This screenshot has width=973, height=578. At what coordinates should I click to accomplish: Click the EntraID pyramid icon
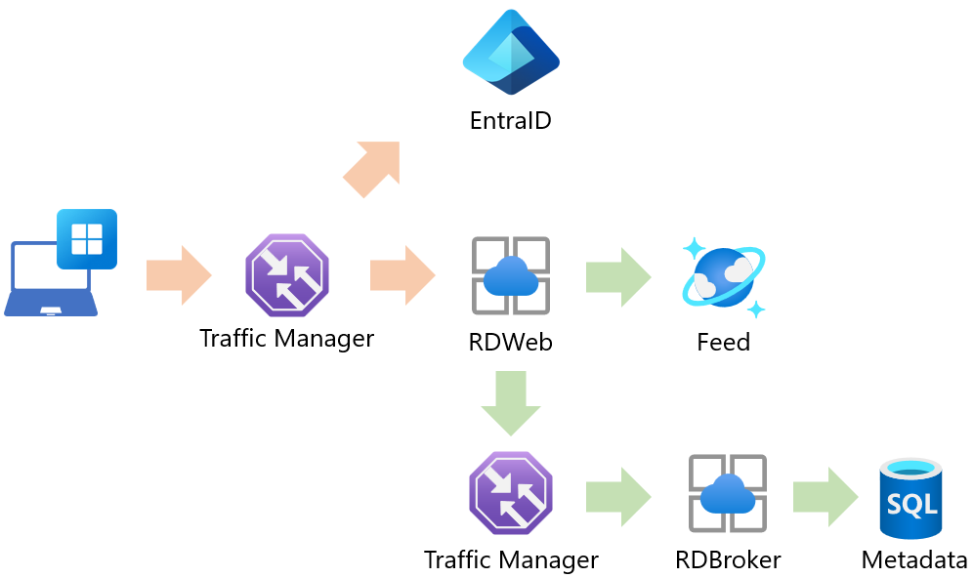pos(511,53)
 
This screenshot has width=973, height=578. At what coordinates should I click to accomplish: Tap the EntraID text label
pos(510,121)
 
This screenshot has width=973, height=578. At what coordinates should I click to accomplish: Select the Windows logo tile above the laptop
pos(87,238)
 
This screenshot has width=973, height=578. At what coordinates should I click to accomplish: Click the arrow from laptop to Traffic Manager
pos(179,275)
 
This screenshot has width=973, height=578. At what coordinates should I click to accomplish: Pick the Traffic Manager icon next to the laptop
pos(286,275)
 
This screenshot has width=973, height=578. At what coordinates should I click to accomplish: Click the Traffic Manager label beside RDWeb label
pos(286,339)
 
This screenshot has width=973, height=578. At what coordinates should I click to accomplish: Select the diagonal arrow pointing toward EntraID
pos(372,168)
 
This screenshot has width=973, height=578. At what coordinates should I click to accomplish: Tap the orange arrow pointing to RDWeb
pos(402,275)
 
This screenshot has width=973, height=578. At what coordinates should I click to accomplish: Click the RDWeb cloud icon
pos(511,275)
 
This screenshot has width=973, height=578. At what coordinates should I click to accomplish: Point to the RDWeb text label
pos(511,343)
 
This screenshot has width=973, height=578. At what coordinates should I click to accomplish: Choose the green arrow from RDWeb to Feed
pos(618,277)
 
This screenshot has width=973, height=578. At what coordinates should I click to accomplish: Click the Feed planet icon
pos(724,277)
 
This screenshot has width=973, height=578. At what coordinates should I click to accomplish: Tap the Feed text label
pos(723,343)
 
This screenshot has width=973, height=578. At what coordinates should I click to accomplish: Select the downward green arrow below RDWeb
pos(511,402)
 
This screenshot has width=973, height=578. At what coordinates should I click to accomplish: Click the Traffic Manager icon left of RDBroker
pos(511,493)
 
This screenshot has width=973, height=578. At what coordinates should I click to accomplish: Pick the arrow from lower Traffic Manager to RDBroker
pos(618,497)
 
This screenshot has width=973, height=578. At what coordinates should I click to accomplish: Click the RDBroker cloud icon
pos(728,493)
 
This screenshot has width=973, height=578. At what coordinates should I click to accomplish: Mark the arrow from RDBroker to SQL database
pos(825,497)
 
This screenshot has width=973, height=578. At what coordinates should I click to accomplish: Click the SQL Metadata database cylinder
pos(910,498)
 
